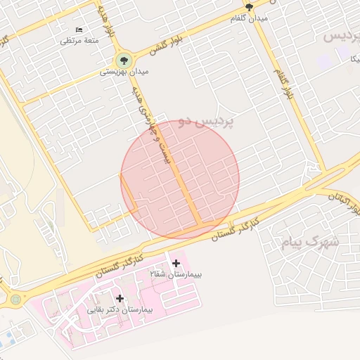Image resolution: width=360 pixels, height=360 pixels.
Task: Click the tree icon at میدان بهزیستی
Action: coord(125,60)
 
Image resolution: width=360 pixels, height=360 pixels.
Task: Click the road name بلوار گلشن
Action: coord(166,44)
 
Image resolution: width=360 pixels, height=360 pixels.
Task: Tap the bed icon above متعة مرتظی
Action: coord(79,30)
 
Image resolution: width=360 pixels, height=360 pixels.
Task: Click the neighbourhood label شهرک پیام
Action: coord(309,243)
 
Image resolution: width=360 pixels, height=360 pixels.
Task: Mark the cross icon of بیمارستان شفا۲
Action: coord(176,263)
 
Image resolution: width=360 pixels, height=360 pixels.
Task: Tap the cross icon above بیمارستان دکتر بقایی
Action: coord(120,298)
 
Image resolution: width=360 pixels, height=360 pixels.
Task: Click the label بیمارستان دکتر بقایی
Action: coord(119,309)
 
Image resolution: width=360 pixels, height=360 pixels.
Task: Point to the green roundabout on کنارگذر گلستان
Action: coord(15,300)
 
